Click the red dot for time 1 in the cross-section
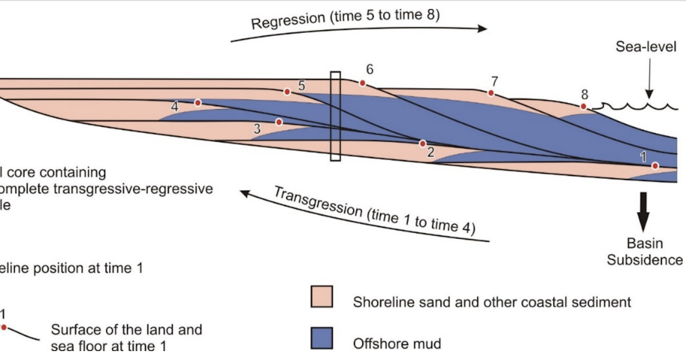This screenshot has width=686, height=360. click(655, 165)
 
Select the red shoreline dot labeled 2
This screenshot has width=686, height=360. click(422, 143)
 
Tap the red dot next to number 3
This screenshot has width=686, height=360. click(279, 122)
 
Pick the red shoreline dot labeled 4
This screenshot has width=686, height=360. click(198, 103)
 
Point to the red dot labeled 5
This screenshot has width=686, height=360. click(287, 91)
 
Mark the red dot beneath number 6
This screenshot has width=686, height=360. click(362, 83)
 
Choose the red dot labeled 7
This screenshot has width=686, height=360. click(490, 93)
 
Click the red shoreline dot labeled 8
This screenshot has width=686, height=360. click(583, 107)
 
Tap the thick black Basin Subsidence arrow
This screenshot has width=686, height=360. click(644, 211)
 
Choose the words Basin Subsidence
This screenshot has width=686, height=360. click(644, 252)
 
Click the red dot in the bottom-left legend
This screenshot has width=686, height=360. click(4, 327)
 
